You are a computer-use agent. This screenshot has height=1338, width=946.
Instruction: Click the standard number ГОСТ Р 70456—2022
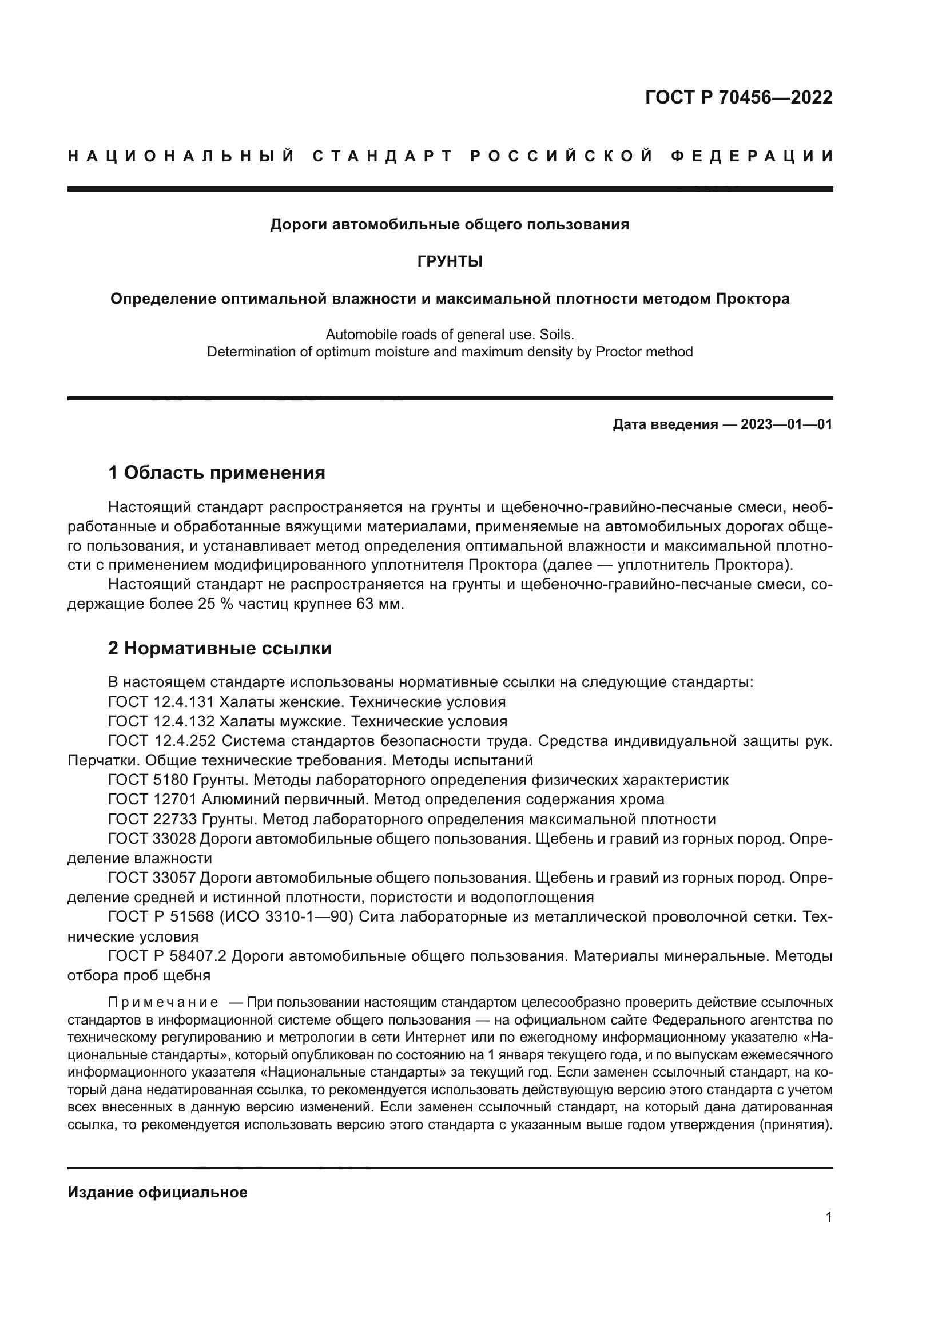pos(738,97)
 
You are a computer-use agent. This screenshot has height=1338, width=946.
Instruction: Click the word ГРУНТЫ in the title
pos(450,261)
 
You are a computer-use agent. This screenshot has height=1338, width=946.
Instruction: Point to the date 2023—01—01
pos(786,424)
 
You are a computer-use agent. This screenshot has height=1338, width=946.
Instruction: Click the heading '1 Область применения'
pos(216,472)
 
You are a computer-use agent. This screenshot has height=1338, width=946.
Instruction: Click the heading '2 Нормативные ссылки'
pos(220,648)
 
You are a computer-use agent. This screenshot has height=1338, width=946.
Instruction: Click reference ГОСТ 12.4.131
pos(161,702)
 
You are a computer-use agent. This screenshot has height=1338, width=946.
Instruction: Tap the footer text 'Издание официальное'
pos(157,1192)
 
